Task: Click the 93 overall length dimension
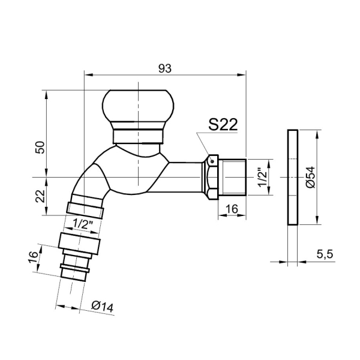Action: coord(165,68)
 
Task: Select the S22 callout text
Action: coord(223,125)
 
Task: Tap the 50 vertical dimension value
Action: coord(40,148)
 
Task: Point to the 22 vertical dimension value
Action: coord(40,196)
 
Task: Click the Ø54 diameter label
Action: coord(311,177)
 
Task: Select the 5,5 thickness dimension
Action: coord(325,254)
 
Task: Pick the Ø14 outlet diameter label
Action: coord(103,306)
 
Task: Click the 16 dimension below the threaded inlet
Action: coord(232,209)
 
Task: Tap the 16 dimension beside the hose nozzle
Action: coord(34,257)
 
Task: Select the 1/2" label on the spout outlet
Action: coord(83,224)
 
